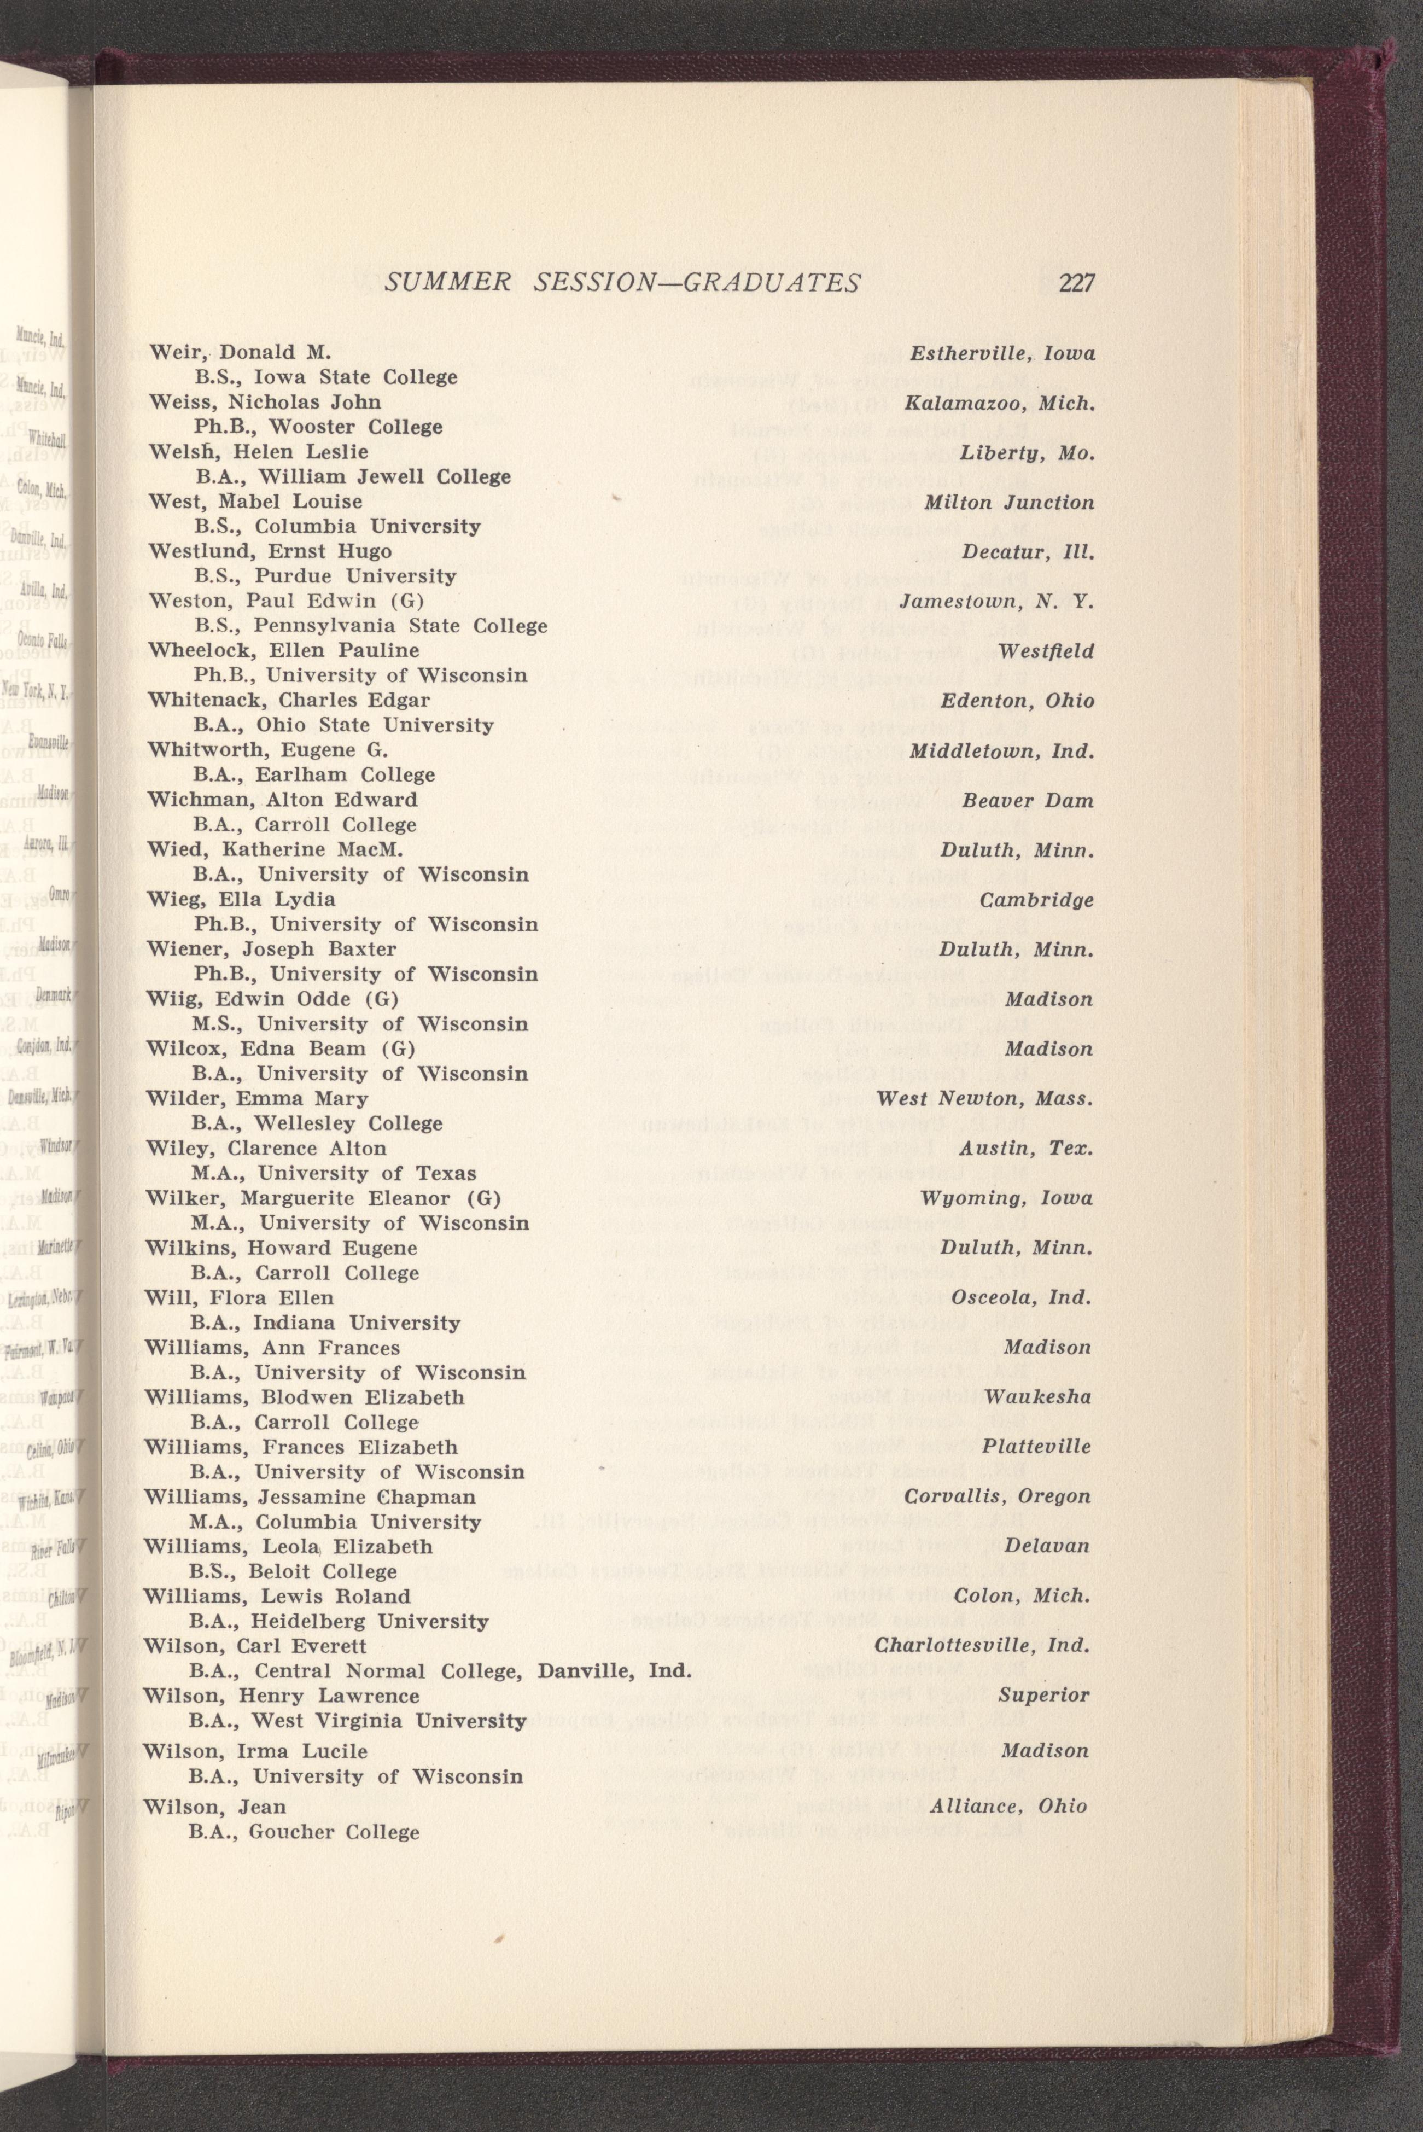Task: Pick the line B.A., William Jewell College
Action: [x=352, y=476]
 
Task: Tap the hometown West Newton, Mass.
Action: [x=983, y=1098]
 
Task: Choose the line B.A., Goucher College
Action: [x=304, y=1832]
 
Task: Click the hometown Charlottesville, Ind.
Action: [x=982, y=1646]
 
